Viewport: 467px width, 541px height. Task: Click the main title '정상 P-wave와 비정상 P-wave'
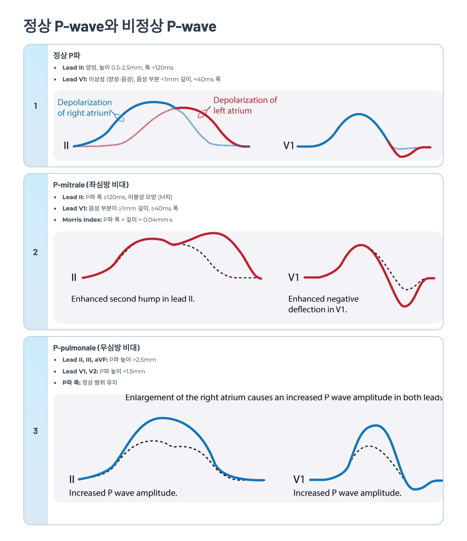pos(120,26)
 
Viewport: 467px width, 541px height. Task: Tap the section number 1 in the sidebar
pos(36,106)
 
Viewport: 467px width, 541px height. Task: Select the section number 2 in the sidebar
pos(36,252)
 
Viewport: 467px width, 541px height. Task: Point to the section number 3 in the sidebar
pos(36,431)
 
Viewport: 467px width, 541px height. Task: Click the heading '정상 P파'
pos(67,55)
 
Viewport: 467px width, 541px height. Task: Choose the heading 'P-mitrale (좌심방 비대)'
pos(91,185)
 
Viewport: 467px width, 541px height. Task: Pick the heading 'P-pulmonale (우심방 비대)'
pos(97,348)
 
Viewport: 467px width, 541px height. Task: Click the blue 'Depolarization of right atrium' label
pos(84,108)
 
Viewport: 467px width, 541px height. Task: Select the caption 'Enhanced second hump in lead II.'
pos(133,299)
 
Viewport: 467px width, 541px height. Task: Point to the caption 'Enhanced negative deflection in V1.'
pos(323,304)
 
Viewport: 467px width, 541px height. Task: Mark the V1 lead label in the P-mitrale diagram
pos(293,277)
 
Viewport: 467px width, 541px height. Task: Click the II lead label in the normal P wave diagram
pos(66,145)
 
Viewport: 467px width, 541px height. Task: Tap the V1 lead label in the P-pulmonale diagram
pos(299,479)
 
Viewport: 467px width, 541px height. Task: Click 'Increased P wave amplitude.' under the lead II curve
pos(123,493)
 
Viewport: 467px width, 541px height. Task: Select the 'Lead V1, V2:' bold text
pos(80,371)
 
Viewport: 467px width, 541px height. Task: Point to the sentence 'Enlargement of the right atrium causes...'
pos(284,397)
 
